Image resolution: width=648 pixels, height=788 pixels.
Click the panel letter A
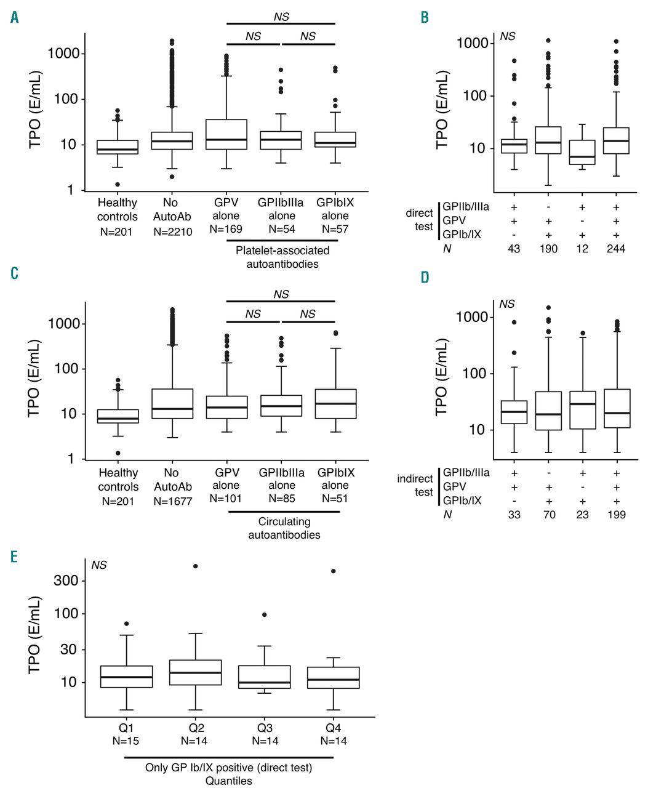click(15, 18)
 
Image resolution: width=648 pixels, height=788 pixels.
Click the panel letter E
click(14, 557)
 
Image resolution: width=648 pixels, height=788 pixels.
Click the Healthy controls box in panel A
click(118, 147)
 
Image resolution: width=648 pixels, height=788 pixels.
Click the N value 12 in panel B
click(582, 249)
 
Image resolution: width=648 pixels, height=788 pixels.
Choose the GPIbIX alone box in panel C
click(336, 404)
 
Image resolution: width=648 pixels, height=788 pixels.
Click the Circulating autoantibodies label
click(284, 528)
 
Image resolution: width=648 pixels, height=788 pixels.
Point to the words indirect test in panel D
click(415, 485)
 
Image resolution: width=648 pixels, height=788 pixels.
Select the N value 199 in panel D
click(616, 514)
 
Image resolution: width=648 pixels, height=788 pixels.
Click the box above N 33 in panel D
click(514, 412)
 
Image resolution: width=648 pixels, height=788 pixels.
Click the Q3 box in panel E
click(265, 677)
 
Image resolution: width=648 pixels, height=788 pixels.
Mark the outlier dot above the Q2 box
click(196, 566)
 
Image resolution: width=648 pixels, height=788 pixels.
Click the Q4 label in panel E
click(333, 728)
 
